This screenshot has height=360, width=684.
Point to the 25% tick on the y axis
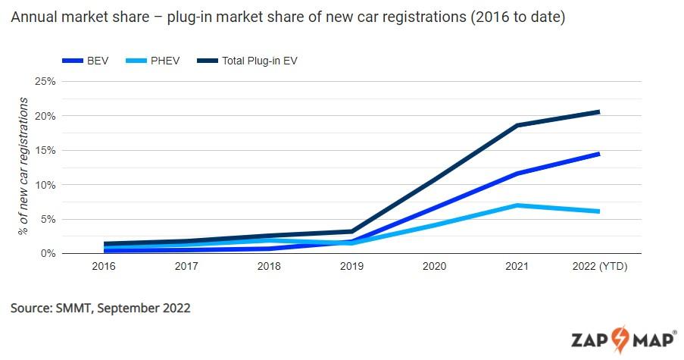pos(45,81)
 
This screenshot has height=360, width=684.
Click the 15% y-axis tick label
pos(45,150)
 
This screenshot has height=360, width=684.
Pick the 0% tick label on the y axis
pos(48,253)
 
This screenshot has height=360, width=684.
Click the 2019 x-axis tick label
pos(352,267)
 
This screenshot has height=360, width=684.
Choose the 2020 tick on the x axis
pos(434,267)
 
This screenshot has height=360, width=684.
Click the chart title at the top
pos(287,17)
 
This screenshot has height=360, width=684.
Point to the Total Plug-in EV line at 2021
pos(517,125)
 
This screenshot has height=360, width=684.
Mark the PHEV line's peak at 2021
pos(517,205)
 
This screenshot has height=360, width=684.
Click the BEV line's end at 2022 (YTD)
pos(598,154)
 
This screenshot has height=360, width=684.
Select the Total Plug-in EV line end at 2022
pos(598,112)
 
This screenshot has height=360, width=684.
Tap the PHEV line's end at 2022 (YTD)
pos(598,211)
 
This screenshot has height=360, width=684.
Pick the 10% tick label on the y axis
pos(45,185)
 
